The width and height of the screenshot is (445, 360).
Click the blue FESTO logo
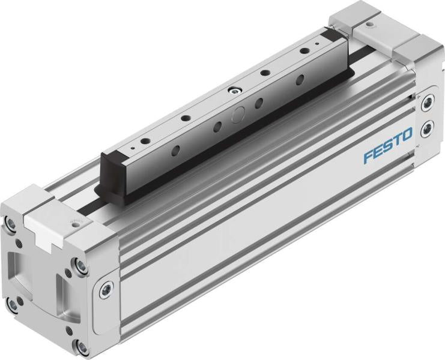click(x=388, y=145)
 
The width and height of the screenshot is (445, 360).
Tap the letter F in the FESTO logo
click(x=368, y=157)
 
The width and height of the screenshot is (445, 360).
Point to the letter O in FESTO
click(x=407, y=134)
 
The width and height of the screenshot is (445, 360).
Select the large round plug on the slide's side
click(x=238, y=115)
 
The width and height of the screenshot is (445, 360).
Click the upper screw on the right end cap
click(x=428, y=103)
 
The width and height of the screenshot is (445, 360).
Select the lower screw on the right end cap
click(x=428, y=128)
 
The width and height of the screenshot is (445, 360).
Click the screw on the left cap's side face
click(x=106, y=290)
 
